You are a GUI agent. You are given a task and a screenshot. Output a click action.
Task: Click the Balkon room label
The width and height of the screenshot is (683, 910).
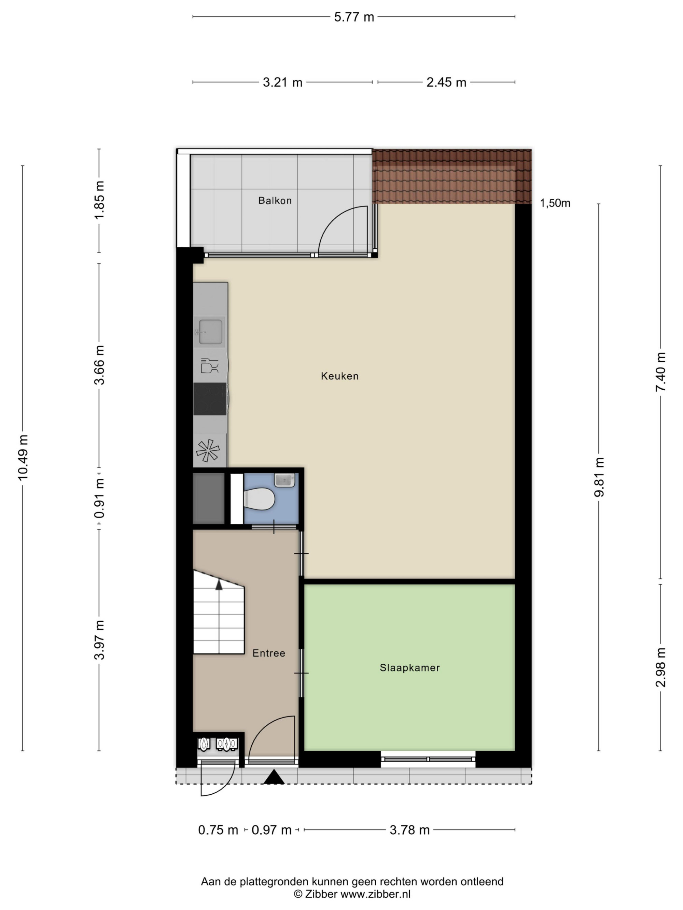click(x=275, y=200)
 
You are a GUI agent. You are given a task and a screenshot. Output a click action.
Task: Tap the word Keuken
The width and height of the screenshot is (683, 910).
click(x=340, y=376)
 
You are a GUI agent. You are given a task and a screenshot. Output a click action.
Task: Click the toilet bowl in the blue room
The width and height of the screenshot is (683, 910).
click(x=259, y=498)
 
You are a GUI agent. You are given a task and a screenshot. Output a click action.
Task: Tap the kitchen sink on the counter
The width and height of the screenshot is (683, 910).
click(x=210, y=332)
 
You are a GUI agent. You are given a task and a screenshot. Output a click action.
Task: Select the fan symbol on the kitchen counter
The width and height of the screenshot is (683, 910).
click(x=208, y=450)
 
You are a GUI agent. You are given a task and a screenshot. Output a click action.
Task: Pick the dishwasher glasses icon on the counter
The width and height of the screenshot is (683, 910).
click(x=209, y=365)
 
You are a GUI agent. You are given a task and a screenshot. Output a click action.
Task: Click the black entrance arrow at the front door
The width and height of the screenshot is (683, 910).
click(x=274, y=777)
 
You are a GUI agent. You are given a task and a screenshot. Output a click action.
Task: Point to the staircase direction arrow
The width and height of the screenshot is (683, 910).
click(x=219, y=584)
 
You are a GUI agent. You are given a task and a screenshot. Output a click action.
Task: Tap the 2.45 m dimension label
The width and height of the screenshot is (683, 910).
click(x=446, y=82)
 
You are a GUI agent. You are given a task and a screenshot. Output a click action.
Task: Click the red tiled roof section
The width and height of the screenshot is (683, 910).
click(x=451, y=176)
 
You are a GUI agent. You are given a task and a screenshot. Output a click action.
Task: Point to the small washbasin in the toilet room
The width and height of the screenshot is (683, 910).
click(x=284, y=480)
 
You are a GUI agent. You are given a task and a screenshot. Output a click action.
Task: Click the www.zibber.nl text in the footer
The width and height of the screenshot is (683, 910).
click(x=375, y=894)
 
